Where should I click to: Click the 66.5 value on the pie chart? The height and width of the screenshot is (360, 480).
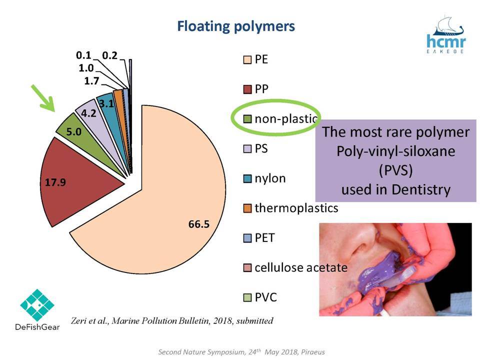pyautogui.click(x=199, y=224)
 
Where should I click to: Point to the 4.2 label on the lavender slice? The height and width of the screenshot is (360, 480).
pyautogui.click(x=89, y=113)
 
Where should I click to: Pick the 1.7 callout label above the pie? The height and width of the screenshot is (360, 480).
pyautogui.click(x=91, y=81)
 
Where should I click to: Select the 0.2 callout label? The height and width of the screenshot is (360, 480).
pyautogui.click(x=110, y=55)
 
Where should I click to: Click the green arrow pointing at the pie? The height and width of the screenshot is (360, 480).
pyautogui.click(x=43, y=98)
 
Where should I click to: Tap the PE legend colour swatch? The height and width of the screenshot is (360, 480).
pyautogui.click(x=247, y=59)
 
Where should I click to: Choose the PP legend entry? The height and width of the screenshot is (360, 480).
pyautogui.click(x=255, y=89)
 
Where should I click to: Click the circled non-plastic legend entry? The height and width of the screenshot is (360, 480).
pyautogui.click(x=280, y=119)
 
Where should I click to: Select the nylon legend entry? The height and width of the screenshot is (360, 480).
pyautogui.click(x=264, y=178)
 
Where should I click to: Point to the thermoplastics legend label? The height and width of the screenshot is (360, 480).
pyautogui.click(x=296, y=208)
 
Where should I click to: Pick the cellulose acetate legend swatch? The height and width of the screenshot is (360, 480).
pyautogui.click(x=247, y=268)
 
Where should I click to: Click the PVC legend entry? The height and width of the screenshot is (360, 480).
pyautogui.click(x=260, y=297)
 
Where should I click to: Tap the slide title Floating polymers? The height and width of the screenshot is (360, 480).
pyautogui.click(x=236, y=26)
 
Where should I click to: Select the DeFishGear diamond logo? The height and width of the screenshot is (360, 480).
pyautogui.click(x=37, y=305)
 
